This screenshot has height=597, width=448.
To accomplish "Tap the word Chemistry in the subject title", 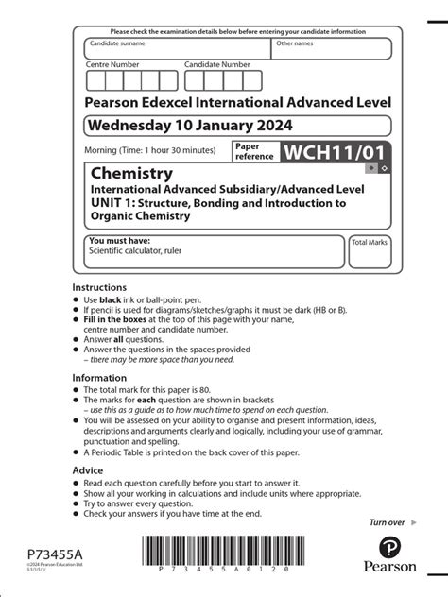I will point(131,174).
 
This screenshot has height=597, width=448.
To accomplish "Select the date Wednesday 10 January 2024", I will point(190,125).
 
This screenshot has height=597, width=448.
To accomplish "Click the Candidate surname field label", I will point(117,43).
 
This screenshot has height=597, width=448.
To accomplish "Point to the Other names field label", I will point(294,43).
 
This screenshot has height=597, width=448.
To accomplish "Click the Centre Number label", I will point(112,64).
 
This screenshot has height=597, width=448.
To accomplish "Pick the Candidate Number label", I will point(217,64).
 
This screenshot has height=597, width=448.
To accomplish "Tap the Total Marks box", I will point(370,251).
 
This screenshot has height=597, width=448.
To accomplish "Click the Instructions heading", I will point(99,287).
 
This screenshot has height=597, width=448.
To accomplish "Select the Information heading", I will point(100,378).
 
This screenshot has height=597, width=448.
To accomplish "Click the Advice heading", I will point(89,469).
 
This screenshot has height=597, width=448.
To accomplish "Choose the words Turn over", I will point(387,522).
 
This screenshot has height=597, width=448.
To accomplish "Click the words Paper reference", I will point(254,152).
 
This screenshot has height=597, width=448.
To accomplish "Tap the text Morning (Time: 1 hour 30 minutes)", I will point(149,150).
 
